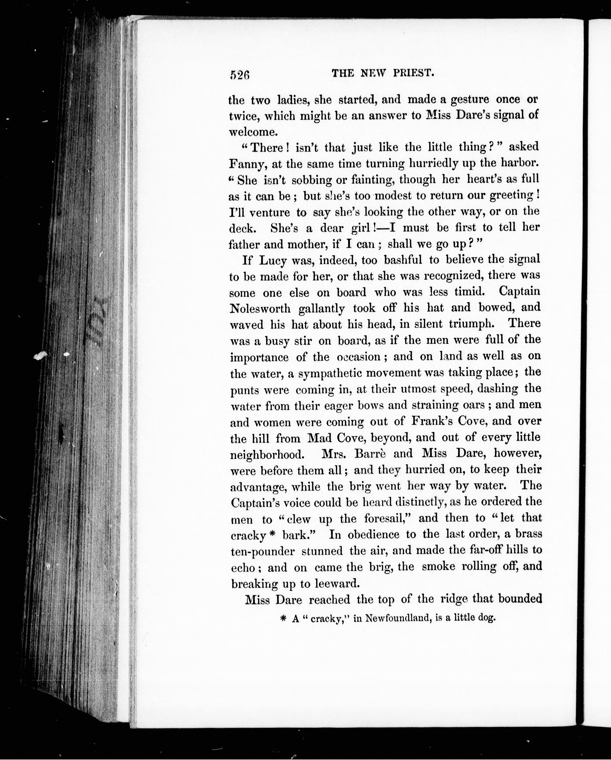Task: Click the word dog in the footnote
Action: coord(488,618)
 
